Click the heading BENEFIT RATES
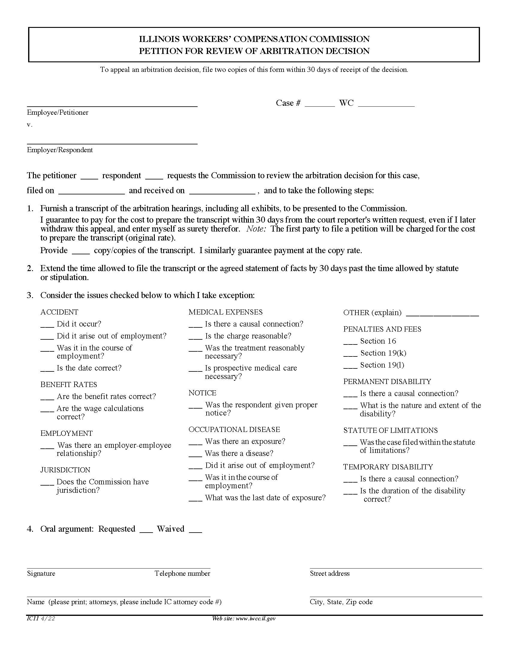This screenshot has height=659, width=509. click(69, 384)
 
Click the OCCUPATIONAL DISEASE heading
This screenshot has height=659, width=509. click(234, 429)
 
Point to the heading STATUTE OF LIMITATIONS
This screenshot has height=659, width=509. click(390, 430)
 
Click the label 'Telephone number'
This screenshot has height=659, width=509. click(182, 573)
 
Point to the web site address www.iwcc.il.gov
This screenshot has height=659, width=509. click(244, 619)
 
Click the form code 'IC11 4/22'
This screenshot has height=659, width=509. click(41, 619)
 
